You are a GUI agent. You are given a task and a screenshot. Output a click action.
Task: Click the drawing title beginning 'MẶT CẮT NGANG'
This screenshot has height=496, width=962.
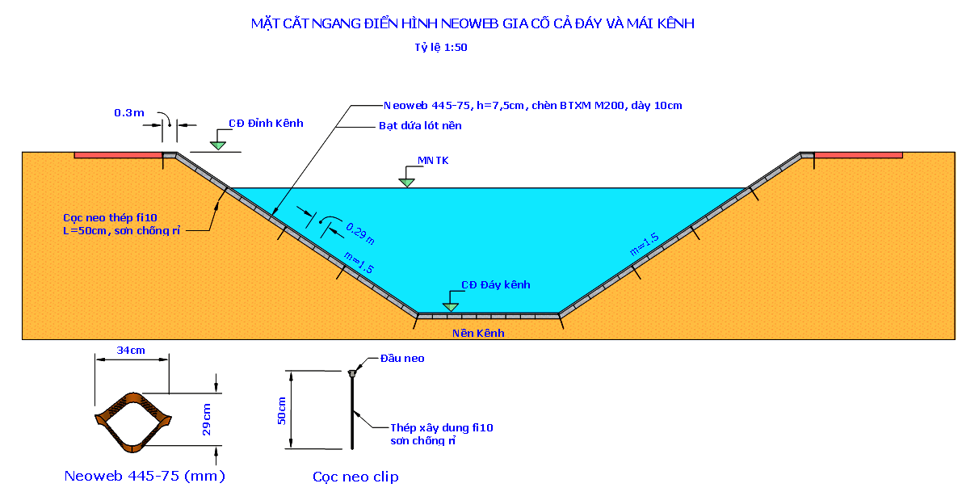click(x=473, y=24)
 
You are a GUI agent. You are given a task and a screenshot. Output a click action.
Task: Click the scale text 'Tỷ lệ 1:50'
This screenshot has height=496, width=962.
click(x=441, y=48)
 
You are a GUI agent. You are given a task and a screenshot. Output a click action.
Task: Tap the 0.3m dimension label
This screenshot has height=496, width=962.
click(x=129, y=112)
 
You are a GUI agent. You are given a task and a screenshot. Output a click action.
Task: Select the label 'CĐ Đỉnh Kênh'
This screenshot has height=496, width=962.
click(x=266, y=123)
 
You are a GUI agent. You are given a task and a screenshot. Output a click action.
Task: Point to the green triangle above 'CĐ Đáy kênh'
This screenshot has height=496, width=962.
click(x=450, y=307)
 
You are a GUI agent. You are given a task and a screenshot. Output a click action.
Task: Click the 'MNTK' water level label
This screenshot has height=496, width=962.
click(x=433, y=161)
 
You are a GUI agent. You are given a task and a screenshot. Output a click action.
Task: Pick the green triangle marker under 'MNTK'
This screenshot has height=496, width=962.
click(x=406, y=182)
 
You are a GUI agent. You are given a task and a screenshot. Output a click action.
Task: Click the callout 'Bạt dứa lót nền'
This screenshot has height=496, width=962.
click(x=420, y=126)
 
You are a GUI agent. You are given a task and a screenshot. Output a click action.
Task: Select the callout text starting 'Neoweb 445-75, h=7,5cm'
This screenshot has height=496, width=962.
click(x=533, y=106)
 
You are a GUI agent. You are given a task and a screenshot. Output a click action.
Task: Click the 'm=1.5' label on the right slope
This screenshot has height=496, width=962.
click(x=645, y=246)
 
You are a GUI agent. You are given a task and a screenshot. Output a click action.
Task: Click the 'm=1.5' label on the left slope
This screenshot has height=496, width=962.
click(x=358, y=263)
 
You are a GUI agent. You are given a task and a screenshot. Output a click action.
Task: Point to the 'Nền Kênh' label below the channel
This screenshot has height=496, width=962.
click(x=477, y=333)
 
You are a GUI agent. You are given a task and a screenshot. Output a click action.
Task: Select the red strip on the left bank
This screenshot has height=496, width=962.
click(x=118, y=154)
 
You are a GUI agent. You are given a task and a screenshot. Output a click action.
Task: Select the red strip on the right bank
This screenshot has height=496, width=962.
click(x=858, y=154)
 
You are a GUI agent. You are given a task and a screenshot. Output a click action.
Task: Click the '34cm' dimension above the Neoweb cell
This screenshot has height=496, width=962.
click(x=131, y=351)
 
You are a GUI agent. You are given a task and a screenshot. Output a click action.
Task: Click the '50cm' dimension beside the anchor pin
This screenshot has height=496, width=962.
click(x=282, y=410)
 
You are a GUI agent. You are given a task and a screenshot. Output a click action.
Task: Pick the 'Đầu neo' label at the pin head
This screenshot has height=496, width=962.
click(x=402, y=359)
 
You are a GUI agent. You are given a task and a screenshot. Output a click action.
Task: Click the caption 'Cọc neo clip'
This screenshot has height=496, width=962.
click(x=355, y=477)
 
